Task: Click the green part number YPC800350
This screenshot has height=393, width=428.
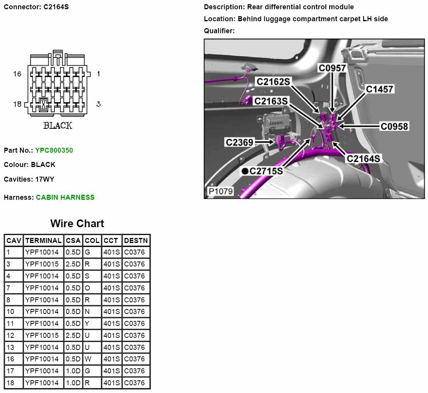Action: pos(54,150)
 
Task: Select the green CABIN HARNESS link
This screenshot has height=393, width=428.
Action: pos(65,197)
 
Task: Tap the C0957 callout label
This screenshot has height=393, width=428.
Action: pos(332,68)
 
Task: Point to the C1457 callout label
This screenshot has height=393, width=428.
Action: pos(379,89)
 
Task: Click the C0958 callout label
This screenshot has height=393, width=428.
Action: pos(394,126)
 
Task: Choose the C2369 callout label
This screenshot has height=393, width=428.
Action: pos(239,142)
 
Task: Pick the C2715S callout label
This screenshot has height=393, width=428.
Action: pos(266,171)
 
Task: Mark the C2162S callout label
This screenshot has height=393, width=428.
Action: pos(273,81)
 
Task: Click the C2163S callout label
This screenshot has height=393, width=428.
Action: pos(271,101)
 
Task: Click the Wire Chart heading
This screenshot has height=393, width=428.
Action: pos(77,224)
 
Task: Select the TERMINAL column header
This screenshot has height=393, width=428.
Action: pos(43,241)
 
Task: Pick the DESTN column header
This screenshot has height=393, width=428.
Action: pos(136,241)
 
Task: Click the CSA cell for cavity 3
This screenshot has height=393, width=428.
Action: pos(73,264)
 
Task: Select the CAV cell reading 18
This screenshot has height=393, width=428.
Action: pos(10,383)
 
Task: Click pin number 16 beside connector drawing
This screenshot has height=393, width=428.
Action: pos(17,74)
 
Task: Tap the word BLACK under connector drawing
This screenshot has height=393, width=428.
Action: pos(58,126)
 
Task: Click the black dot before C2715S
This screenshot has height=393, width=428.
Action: pos(245,171)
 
